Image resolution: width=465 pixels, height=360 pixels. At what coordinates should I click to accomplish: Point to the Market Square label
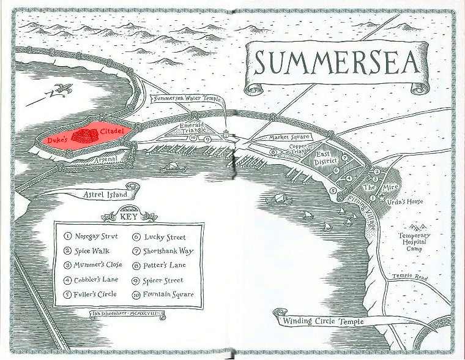(x=289, y=137)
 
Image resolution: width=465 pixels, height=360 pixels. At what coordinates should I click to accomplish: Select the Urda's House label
(x=409, y=201)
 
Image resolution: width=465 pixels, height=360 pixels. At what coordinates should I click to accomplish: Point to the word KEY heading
(x=128, y=217)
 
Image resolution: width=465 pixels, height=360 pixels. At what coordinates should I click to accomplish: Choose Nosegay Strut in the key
(x=95, y=236)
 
